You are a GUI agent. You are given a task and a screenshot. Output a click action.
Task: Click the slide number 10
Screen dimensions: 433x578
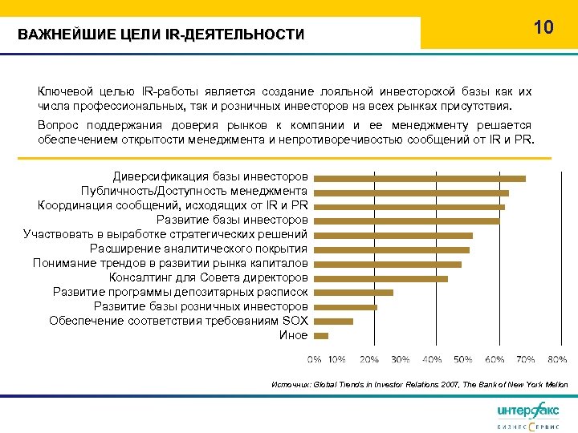click(x=543, y=27)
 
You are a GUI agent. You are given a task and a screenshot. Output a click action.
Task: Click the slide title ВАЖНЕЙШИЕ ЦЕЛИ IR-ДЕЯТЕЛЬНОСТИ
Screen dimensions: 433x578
click(x=161, y=34)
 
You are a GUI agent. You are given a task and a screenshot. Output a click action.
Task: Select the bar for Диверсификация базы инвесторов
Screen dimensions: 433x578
click(x=419, y=178)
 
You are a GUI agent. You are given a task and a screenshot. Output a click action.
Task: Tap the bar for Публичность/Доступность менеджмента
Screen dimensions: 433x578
click(x=411, y=192)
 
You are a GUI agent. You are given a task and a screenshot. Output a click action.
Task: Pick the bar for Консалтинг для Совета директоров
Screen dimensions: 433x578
click(x=381, y=278)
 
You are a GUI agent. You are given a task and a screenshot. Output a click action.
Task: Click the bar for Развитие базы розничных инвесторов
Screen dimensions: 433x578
click(x=345, y=307)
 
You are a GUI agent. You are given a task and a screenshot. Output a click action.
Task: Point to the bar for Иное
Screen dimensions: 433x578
click(x=321, y=335)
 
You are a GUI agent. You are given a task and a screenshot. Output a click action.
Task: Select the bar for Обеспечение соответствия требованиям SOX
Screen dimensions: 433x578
click(x=333, y=321)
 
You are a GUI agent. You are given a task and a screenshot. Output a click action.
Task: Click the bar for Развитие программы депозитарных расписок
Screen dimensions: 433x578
click(x=353, y=293)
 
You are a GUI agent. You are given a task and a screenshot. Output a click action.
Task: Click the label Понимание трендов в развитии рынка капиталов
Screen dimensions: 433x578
click(x=170, y=263)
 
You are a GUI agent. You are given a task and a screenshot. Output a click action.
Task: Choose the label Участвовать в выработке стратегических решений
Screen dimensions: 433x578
click(x=165, y=235)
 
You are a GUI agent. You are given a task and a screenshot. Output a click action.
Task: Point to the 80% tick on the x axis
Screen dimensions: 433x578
click(x=558, y=358)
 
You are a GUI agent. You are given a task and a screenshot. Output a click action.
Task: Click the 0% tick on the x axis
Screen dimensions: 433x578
click(x=314, y=358)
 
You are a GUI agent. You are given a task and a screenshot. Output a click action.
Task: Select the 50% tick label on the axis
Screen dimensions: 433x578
click(x=463, y=358)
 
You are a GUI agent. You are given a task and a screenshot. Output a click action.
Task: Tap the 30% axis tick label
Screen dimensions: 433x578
click(x=401, y=358)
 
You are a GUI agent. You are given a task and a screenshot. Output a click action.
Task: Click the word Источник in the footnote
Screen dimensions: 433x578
click(x=291, y=385)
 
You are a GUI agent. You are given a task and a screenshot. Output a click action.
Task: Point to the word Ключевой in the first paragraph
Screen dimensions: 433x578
click(x=62, y=91)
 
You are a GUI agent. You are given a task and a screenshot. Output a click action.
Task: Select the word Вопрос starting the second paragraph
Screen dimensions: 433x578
click(x=57, y=126)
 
